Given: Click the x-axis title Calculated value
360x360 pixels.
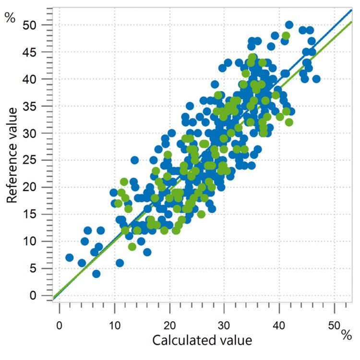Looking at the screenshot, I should (x=202, y=341).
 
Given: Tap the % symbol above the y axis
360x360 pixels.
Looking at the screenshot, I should (x=10, y=18).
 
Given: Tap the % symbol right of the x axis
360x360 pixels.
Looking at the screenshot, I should (x=347, y=336).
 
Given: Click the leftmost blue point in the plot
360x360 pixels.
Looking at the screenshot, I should (x=70, y=258).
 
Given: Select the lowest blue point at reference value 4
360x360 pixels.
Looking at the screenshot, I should (x=96, y=274).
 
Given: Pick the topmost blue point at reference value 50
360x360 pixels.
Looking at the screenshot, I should (x=289, y=24).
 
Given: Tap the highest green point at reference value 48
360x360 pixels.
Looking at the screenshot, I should (x=286, y=36).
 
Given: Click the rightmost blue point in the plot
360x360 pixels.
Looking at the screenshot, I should (x=316, y=79).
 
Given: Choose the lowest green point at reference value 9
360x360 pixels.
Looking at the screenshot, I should (x=132, y=247).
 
